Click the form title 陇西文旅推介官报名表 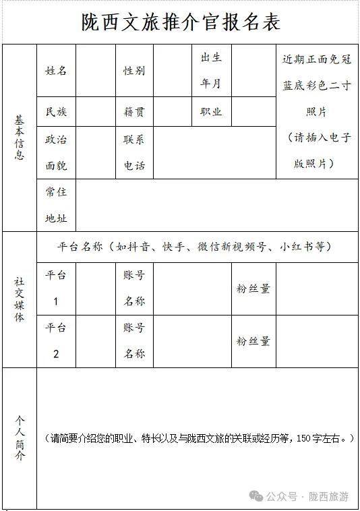pos(181,23)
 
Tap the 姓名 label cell pos(56,71)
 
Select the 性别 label pos(133,71)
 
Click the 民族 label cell pos(56,112)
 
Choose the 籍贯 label pos(133,112)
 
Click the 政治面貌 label pos(56,152)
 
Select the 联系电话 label pos(133,152)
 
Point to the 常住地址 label pos(56,205)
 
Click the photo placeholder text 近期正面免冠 pos(317,59)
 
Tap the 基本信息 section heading pos(20,138)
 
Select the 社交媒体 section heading pos(20,299)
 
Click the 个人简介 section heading pos(20,438)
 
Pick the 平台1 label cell pos(56,288)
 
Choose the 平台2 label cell pos(56,340)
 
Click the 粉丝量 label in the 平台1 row pos(253,289)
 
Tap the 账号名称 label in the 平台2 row pos(133,340)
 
